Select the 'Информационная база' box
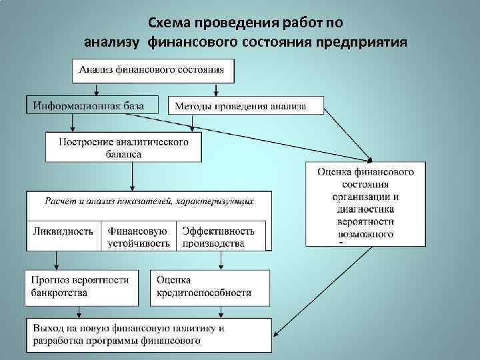[93, 105]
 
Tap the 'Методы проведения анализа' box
[245, 106]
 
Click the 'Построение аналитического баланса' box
[123, 147]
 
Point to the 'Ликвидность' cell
[63, 231]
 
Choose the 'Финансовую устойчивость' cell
[139, 237]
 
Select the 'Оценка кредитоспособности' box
[210, 285]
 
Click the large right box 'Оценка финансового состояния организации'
[365, 203]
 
